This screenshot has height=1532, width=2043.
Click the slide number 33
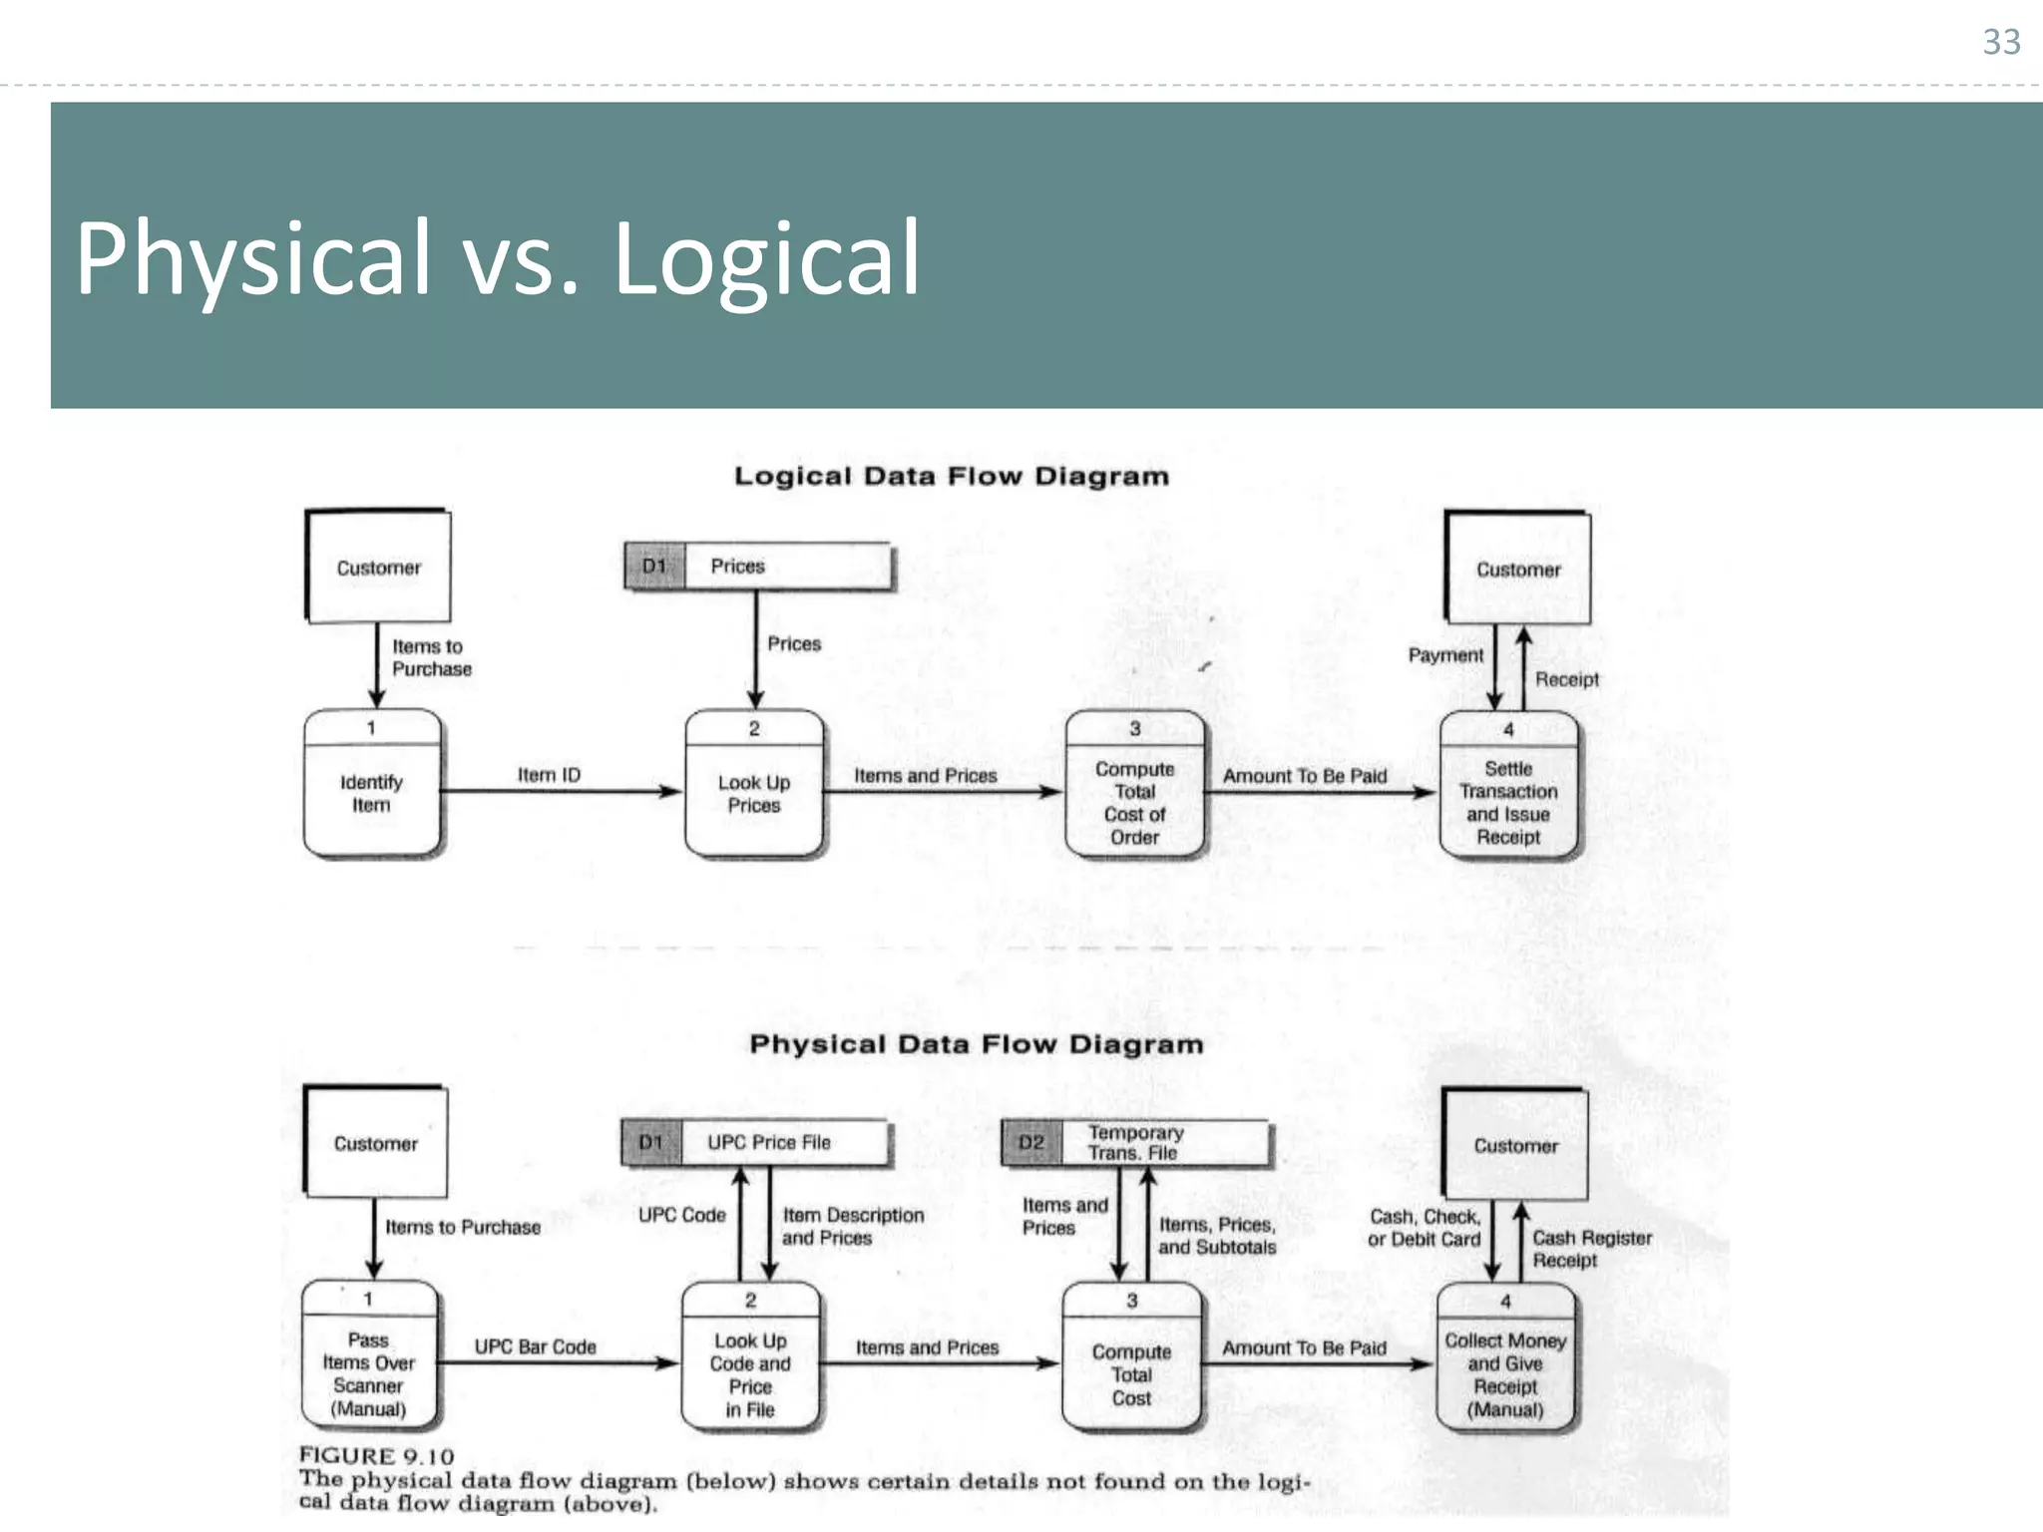click(x=2001, y=42)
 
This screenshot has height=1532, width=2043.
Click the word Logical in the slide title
click(x=765, y=259)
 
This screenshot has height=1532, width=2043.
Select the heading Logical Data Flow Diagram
click(x=951, y=476)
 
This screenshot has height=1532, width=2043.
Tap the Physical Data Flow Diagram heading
click(x=976, y=1044)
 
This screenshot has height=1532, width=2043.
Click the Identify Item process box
click(x=371, y=784)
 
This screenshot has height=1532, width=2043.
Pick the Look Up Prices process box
click(x=754, y=785)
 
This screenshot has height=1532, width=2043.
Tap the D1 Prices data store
click(x=757, y=567)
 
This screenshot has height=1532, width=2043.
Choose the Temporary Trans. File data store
click(x=1135, y=1143)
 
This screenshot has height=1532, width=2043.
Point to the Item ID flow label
click(x=549, y=775)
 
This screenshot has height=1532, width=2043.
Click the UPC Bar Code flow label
click(x=535, y=1346)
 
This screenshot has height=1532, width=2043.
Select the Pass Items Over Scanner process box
click(x=369, y=1356)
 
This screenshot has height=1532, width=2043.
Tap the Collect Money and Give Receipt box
click(x=1505, y=1358)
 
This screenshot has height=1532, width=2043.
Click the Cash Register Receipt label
click(x=1591, y=1249)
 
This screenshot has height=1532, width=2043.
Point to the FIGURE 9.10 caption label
click(x=376, y=1456)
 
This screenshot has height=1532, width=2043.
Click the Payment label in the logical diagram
click(x=1445, y=655)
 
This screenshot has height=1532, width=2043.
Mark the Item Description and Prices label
click(x=852, y=1227)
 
